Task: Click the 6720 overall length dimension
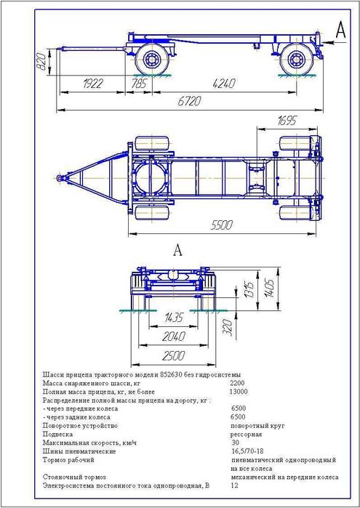pos(189,101)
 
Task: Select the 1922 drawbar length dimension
pos(93,84)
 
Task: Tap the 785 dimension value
pos(139,84)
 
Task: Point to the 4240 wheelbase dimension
pos(224,84)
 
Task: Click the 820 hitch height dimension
pos(41,63)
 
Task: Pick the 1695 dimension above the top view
pos(287,121)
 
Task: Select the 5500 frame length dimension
pos(222,225)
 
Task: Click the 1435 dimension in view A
pos(174,318)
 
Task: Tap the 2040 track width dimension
pos(174,336)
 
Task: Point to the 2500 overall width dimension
pos(174,355)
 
